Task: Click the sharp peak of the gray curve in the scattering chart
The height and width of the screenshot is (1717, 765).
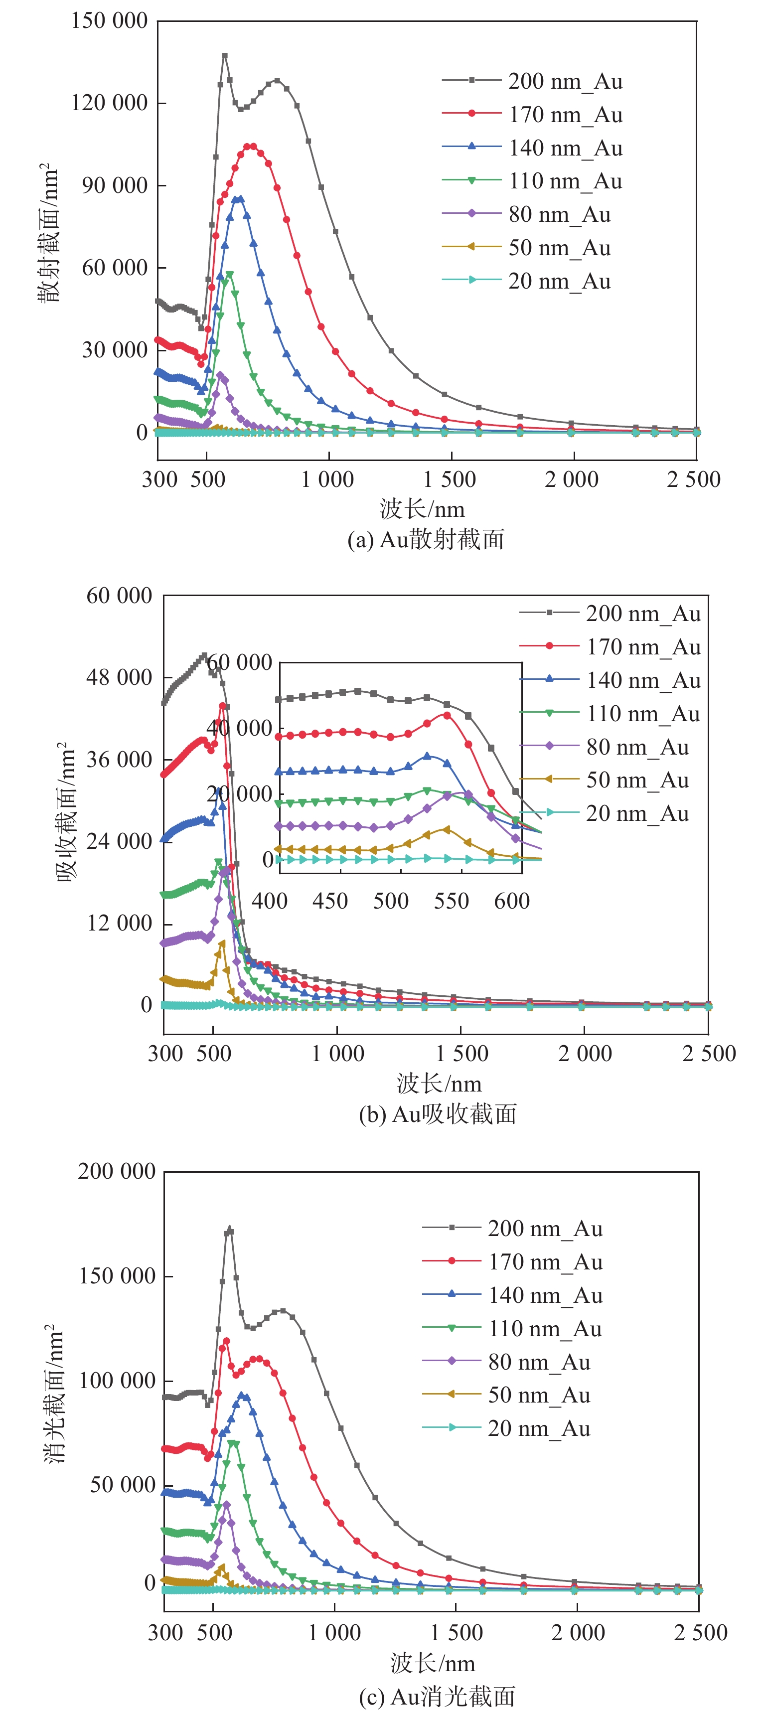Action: [225, 56]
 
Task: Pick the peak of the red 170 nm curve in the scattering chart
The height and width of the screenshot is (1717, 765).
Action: [250, 146]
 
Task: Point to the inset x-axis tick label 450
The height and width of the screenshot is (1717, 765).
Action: [330, 901]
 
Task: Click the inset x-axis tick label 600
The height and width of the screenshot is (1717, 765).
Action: [512, 901]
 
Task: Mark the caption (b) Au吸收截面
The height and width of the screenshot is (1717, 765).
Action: [438, 1114]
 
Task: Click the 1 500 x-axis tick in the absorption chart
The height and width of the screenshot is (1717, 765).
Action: [461, 1054]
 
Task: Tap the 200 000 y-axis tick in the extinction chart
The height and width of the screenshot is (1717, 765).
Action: [117, 1171]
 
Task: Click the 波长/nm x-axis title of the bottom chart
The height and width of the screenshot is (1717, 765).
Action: [433, 1664]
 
